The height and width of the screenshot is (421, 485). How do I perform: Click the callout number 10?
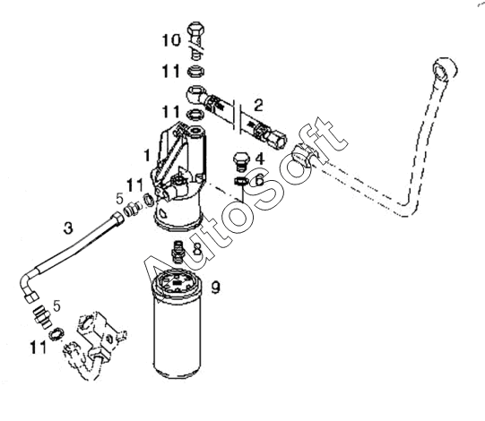pos(171,40)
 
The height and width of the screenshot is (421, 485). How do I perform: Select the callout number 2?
pos(258,105)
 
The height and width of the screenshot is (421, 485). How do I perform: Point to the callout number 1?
pos(147,155)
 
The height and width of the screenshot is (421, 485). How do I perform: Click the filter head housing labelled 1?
pos(178,176)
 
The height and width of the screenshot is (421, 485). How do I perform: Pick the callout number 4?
pos(260,159)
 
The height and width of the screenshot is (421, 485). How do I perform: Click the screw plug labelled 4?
pos(241,161)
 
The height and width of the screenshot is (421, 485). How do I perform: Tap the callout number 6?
pos(259,179)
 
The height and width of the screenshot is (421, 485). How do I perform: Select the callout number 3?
pos(68,228)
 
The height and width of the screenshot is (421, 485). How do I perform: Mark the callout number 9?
pos(215,288)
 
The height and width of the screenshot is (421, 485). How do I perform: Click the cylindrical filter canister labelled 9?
pos(177,323)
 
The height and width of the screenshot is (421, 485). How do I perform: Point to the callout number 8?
pos(197,248)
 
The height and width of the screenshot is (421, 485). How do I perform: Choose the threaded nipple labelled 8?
pos(178,252)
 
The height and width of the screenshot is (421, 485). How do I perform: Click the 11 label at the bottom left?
pos(38,348)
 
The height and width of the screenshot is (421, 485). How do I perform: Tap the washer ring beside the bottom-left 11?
pos(56,334)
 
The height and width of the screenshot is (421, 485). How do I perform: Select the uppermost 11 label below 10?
pos(171,72)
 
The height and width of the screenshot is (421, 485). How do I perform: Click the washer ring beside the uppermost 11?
pos(195,72)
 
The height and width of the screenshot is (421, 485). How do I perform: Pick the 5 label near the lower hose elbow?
pos(56,305)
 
